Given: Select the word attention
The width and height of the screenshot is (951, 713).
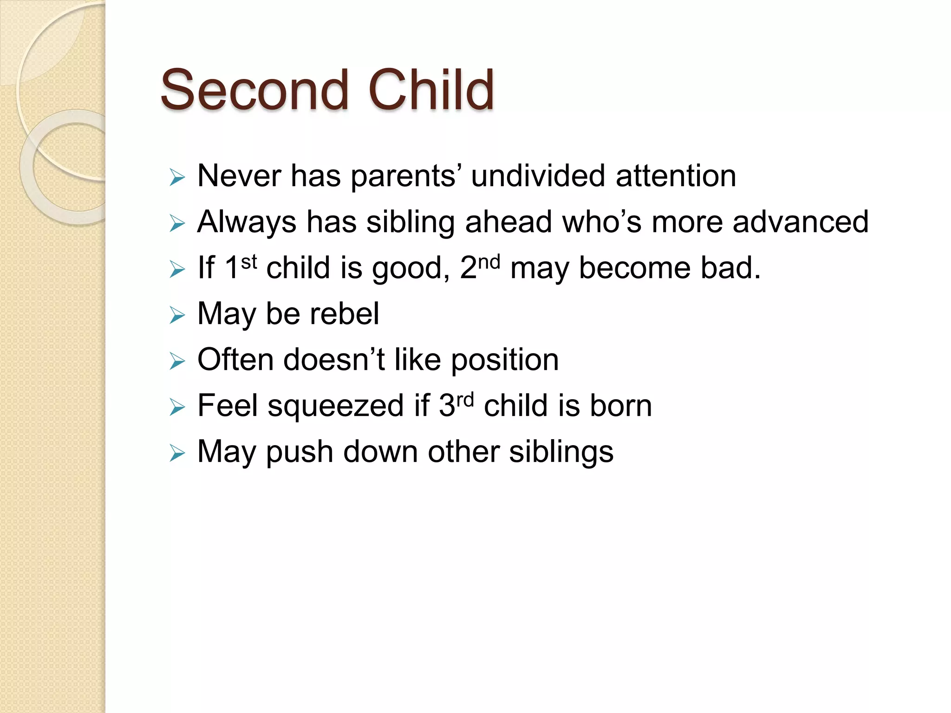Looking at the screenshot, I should point(676,176).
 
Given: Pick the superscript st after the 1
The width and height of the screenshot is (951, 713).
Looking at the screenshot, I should point(249,262).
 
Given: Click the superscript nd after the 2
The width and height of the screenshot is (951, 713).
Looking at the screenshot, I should point(489,262).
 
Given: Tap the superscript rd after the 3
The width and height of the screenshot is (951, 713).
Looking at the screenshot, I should point(464,400).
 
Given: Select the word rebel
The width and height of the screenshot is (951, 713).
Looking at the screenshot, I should point(344,314).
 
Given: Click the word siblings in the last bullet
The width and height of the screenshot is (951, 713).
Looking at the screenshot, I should point(561,452).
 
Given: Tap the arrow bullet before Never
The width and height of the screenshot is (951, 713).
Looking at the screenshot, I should point(177,177).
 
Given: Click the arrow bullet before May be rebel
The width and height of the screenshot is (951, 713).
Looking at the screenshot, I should point(177,315).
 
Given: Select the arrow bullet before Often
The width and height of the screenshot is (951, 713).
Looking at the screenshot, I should point(177,361).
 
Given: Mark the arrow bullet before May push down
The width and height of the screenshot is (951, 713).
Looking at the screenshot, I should point(177,453).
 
